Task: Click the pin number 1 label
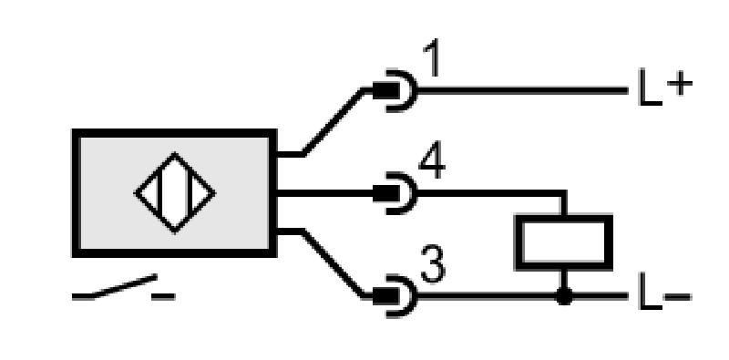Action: pos(432,58)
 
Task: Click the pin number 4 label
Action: pos(432,164)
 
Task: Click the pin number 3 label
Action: pos(433,264)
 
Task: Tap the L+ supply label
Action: pos(665,87)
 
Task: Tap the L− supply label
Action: pos(665,292)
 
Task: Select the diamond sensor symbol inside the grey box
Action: pos(175,192)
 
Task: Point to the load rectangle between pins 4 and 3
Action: pos(563,242)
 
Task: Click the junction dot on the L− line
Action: pos(564,296)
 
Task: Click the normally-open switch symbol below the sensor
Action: pos(123,287)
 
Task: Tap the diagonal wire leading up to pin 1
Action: pos(333,121)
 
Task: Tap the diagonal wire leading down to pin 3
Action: pos(333,263)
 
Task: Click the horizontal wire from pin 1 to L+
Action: pos(522,91)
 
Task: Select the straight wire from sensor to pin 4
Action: pos(325,193)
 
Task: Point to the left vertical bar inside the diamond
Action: pos(160,192)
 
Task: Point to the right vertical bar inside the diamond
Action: pos(190,192)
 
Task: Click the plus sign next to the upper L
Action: pos(680,84)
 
